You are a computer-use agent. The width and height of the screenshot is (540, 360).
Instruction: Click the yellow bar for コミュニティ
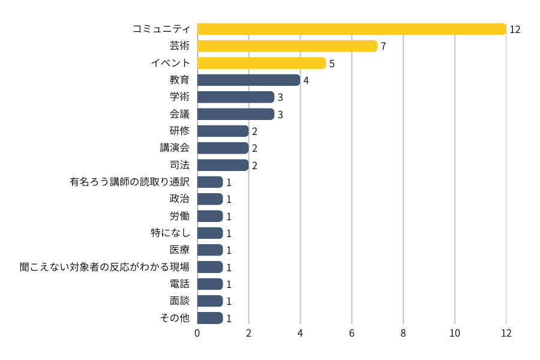pos(352,29)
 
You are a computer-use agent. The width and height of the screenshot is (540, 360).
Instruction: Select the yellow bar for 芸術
pos(287,46)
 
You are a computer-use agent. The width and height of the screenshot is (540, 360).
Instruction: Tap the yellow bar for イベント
pos(261,63)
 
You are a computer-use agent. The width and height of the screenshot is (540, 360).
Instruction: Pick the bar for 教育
pos(248,80)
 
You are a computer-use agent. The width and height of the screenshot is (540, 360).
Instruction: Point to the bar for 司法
pos(223,165)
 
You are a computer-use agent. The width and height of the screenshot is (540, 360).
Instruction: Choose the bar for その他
pos(210,318)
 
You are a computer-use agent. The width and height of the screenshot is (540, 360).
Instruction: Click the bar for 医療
pos(210,250)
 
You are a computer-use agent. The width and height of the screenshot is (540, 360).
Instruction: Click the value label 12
pos(515,29)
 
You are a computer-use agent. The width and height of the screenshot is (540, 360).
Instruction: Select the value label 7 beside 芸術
pos(383,46)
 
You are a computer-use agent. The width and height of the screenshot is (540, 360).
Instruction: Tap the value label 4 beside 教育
pos(306,80)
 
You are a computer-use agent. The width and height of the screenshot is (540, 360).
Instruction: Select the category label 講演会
pos(175,148)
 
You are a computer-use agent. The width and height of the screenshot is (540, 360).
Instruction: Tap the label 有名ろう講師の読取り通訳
pos(130,182)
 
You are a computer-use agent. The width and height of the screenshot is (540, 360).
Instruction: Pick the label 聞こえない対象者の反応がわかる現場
pos(104,267)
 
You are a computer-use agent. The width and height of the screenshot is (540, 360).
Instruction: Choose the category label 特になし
pos(170,233)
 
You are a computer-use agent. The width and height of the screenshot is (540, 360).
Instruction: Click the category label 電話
pos(179,284)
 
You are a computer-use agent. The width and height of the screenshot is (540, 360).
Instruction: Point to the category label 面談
pos(179,301)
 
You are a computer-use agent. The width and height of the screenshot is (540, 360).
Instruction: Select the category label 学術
pos(179,97)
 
